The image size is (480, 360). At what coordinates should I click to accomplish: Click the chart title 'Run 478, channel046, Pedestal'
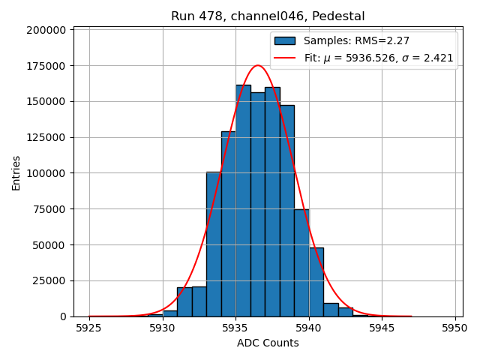(x=268, y=16)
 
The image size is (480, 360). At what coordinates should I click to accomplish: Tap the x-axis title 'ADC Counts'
(x=268, y=343)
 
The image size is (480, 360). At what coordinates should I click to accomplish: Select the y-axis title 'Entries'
(x=16, y=172)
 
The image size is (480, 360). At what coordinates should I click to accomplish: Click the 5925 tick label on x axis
(x=89, y=328)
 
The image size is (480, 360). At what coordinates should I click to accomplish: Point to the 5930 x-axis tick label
(x=163, y=328)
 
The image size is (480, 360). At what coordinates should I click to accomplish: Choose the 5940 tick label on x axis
(x=309, y=328)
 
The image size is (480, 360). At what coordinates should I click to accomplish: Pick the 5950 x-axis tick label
(x=454, y=328)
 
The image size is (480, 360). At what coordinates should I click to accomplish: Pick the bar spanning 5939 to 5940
(x=301, y=262)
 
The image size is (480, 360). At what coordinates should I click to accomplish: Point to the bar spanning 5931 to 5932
(x=184, y=301)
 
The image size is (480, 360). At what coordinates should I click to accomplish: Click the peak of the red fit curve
(x=257, y=65)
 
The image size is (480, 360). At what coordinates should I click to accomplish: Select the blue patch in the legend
(x=285, y=41)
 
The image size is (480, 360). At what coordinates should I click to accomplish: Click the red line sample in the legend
(x=285, y=58)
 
